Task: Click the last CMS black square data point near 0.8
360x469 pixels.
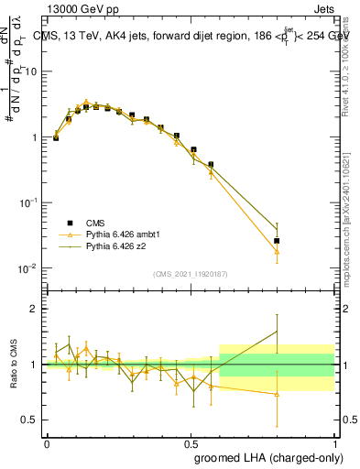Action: tap(277, 241)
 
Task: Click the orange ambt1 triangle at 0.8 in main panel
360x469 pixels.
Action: tap(277, 252)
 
